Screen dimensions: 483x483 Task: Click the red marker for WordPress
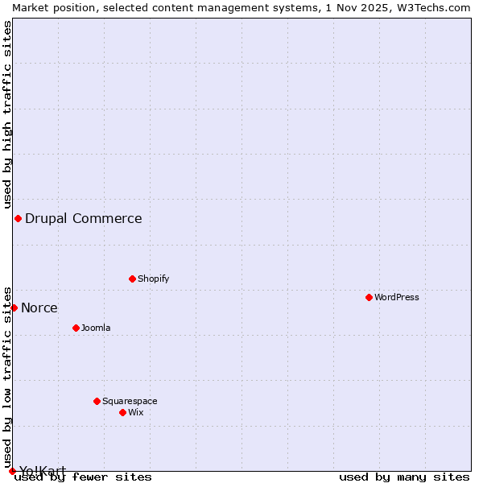pos(369,297)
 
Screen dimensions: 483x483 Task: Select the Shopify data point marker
pos(132,279)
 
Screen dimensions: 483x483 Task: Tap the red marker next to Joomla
pos(76,328)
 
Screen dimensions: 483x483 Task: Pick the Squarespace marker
pos(97,401)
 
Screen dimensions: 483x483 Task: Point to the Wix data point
pos(122,412)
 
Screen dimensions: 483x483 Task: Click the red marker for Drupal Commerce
pos(18,218)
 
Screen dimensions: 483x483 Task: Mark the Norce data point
pos(14,308)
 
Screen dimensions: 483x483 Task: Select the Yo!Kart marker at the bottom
pos(12,471)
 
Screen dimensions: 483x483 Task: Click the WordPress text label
pos(397,297)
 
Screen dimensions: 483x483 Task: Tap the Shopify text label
pos(153,279)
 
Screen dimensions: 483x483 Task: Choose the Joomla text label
pos(96,328)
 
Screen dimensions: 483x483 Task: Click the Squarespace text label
pos(130,401)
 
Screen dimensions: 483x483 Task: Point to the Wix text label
pos(135,412)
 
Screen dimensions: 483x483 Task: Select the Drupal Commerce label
pos(84,218)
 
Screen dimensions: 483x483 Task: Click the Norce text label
pos(39,308)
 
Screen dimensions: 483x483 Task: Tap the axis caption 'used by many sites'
pos(404,477)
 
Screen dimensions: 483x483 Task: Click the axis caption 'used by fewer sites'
pos(83,477)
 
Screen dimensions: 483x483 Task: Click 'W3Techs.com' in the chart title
pos(437,7)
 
